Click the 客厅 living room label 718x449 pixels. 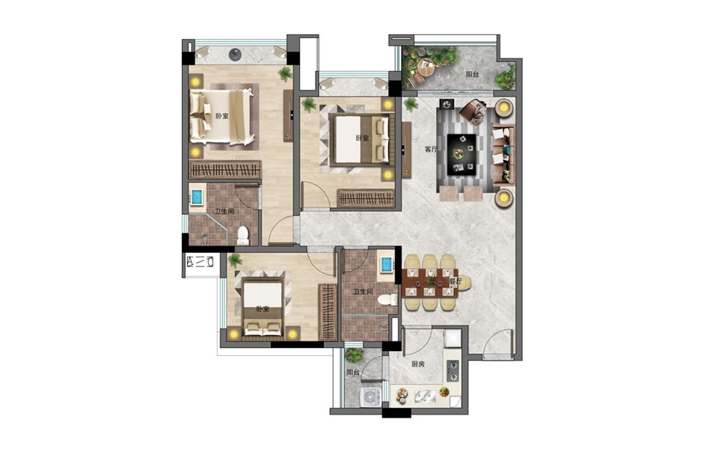tap(431, 150)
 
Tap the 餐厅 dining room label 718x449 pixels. tap(455, 281)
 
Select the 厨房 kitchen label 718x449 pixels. tap(417, 364)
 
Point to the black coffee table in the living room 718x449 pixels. tap(461, 154)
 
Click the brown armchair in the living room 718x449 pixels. tap(473, 111)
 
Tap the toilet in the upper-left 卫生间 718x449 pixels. tap(242, 236)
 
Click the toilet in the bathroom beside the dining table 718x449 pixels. tap(387, 300)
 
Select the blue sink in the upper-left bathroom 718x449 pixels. tap(197, 197)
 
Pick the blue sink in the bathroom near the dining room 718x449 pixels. tap(387, 265)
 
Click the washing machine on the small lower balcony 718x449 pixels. tap(370, 397)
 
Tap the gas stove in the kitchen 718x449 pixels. tap(452, 371)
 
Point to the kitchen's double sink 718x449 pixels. tap(425, 396)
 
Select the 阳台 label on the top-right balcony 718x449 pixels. tap(472, 74)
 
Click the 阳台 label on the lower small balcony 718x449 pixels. tap(352, 373)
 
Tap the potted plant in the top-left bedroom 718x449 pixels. tap(285, 73)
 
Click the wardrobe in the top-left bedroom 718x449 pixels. tap(225, 170)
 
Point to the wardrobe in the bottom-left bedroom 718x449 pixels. tap(328, 312)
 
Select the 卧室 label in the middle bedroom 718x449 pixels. tap(362, 138)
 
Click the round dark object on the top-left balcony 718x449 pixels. tap(235, 55)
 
